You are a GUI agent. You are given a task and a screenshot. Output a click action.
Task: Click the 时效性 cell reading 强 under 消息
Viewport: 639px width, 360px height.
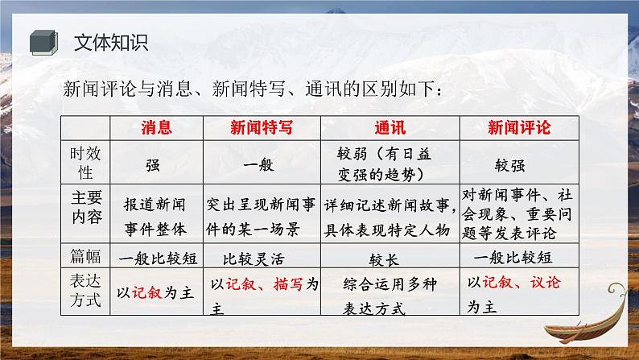[153, 164]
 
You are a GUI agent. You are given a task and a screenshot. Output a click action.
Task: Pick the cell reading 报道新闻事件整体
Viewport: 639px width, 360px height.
[156, 215]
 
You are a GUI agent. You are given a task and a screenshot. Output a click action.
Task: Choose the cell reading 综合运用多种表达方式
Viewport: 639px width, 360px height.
[385, 295]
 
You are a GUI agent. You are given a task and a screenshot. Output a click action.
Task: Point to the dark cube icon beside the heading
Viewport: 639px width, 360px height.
[42, 41]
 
